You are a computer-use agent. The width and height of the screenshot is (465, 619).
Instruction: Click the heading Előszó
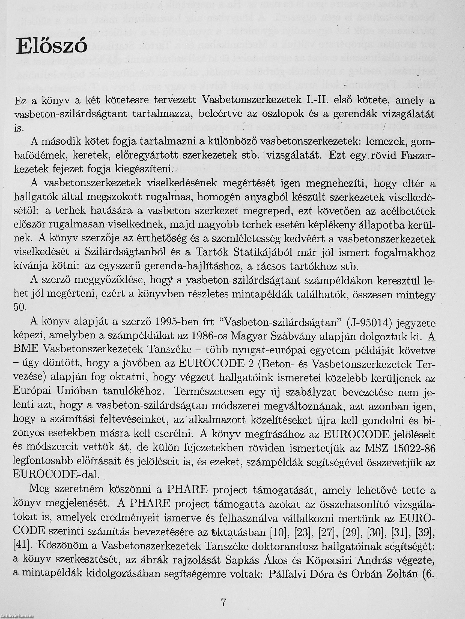[51, 45]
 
